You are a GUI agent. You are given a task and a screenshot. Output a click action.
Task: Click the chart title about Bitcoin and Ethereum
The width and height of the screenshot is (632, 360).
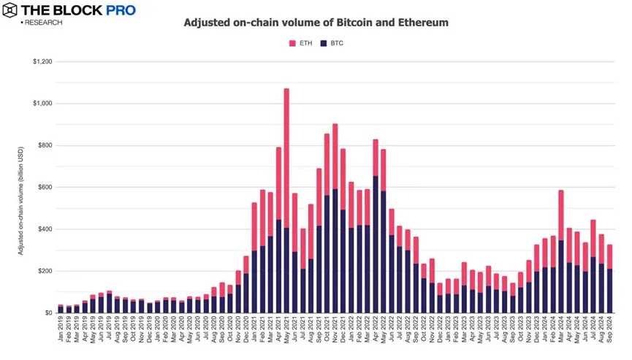point(316,23)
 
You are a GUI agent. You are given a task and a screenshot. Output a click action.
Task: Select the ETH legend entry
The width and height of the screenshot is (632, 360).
point(301,43)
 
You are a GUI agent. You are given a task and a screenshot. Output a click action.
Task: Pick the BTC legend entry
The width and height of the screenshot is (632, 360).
point(332,43)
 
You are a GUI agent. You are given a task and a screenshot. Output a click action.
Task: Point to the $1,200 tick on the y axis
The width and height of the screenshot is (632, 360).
point(42,62)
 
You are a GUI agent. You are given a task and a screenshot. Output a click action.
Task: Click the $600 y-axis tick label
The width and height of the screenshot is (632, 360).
point(45,188)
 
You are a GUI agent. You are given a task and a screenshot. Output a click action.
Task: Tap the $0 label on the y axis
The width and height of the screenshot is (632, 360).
point(47,313)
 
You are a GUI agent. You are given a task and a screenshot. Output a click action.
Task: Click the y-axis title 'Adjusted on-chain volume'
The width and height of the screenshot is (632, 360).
point(22,187)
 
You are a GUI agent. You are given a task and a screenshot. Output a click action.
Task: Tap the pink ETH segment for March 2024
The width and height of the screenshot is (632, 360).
point(560,215)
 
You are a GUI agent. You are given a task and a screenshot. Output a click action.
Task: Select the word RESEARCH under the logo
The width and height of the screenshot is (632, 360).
point(44,23)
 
